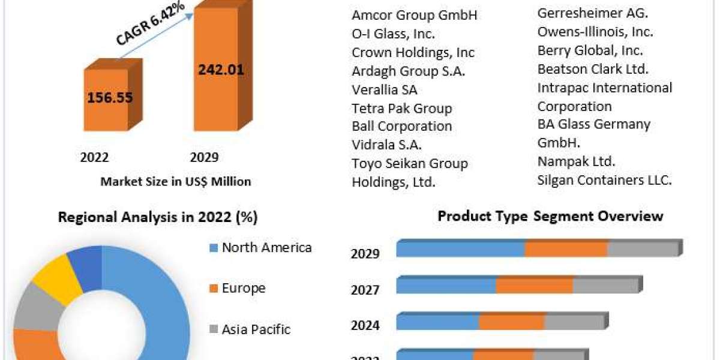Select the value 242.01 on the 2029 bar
(x=221, y=69)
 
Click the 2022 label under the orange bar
(x=94, y=157)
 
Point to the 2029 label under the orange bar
(x=204, y=157)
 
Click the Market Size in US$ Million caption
(x=176, y=181)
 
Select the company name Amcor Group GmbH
(x=415, y=16)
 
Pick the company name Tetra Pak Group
(x=402, y=109)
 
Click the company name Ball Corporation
(x=402, y=127)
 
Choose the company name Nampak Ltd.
(x=577, y=161)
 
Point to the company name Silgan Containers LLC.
(x=604, y=179)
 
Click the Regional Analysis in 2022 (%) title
(x=157, y=217)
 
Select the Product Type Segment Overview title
(x=550, y=215)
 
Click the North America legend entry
(x=266, y=247)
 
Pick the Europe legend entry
(x=243, y=288)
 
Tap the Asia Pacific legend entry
(x=256, y=329)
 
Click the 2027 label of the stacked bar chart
(x=365, y=290)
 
